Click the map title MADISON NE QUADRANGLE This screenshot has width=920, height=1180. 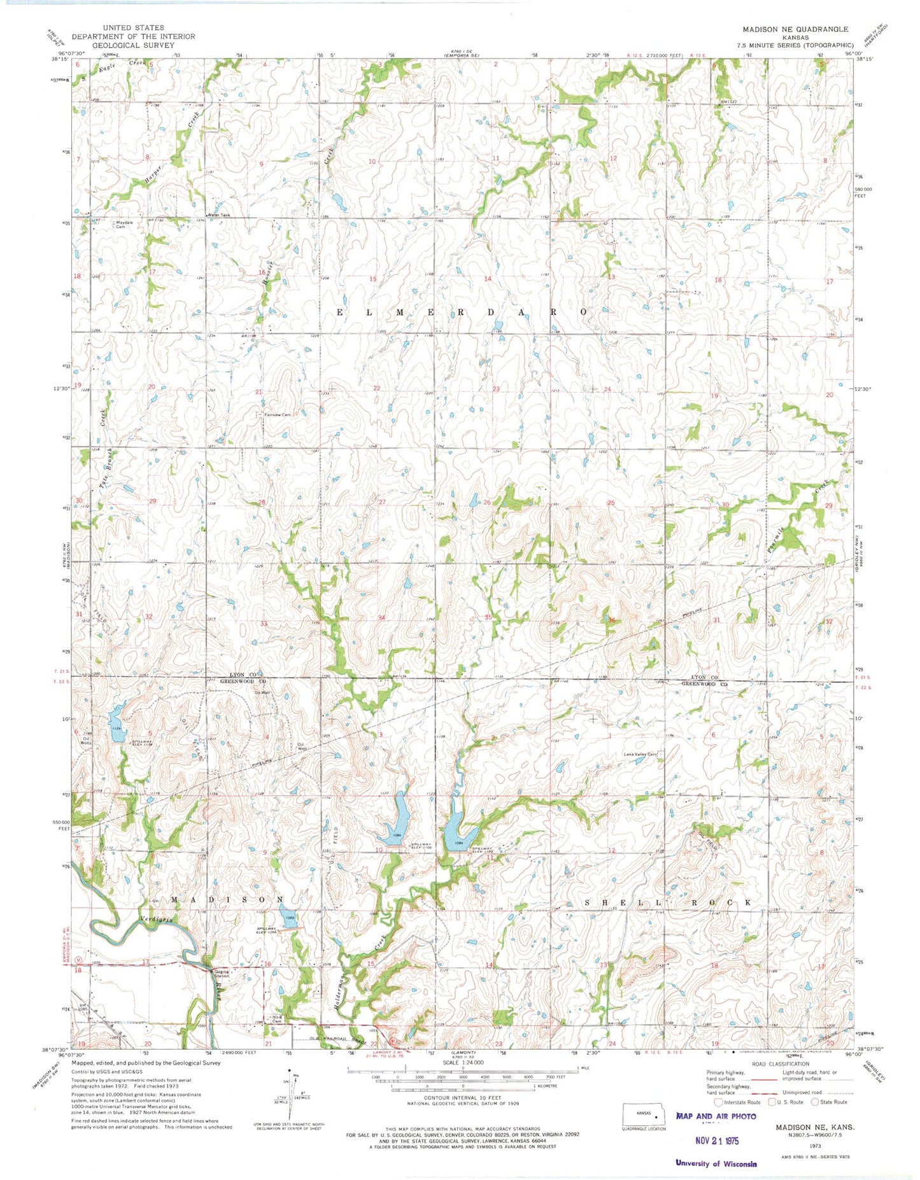[x=795, y=29]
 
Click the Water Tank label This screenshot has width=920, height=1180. [x=218, y=215]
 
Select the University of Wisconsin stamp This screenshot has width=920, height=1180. [x=716, y=1163]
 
